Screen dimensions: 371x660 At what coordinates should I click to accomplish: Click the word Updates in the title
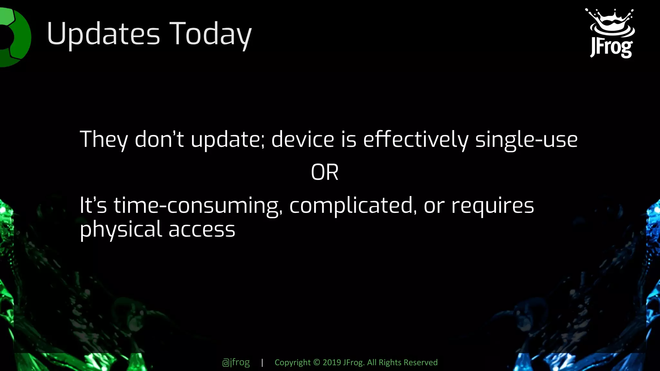[103, 34]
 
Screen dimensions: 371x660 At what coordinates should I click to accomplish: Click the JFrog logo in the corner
[610, 33]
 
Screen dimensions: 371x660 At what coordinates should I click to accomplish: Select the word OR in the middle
[325, 172]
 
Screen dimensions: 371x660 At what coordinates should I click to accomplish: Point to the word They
[103, 140]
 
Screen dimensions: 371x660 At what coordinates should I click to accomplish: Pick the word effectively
[416, 140]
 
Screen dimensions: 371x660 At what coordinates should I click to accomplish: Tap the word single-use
[526, 140]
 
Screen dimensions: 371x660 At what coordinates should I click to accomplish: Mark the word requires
[492, 205]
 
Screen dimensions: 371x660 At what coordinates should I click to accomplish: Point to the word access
[202, 230]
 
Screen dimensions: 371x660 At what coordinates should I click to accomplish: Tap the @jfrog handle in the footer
[236, 362]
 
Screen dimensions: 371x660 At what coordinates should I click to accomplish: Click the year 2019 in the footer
[332, 362]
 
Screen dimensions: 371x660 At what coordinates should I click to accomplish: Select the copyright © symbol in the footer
[316, 362]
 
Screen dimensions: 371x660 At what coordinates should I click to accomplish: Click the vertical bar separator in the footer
[262, 362]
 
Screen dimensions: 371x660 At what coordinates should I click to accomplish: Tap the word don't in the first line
[159, 140]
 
